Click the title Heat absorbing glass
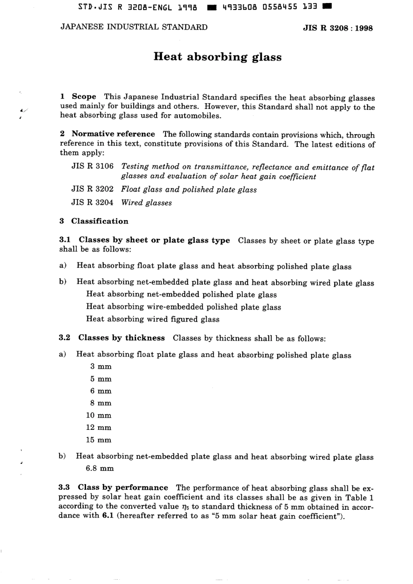217,57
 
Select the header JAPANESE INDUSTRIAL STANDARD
134,27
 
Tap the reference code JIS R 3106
92,166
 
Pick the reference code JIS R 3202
92,189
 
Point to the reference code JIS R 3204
92,202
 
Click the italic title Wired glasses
147,202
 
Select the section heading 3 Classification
94,221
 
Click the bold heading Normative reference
113,134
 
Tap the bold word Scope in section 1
84,97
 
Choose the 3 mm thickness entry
101,366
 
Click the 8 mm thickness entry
101,403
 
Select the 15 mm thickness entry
99,440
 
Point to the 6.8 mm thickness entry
100,469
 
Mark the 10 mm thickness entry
99,415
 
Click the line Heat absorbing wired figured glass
153,319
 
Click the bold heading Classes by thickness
121,338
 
